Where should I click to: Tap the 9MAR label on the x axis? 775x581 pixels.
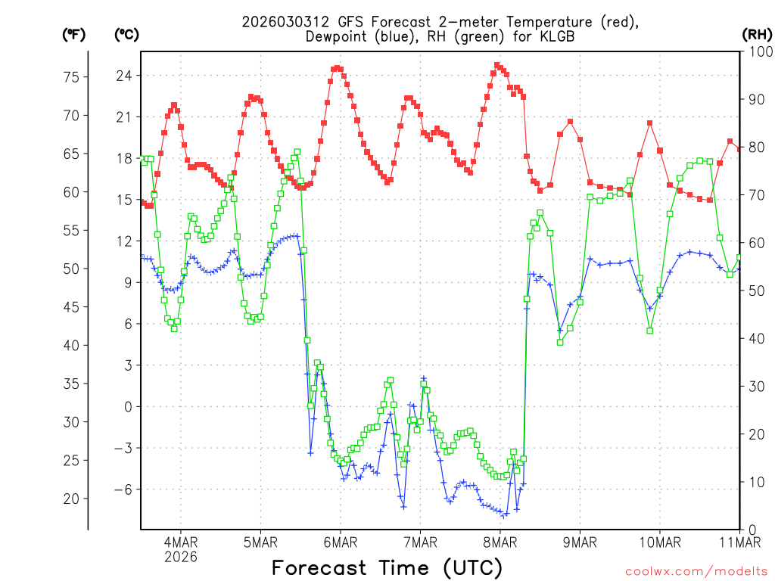coord(580,542)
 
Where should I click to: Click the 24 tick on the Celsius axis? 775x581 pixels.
coord(123,76)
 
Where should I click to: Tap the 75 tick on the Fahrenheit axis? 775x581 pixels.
coord(72,77)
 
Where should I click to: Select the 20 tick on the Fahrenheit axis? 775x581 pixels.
coord(72,499)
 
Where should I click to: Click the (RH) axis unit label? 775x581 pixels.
coord(757,34)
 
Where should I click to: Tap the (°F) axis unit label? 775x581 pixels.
coord(73,34)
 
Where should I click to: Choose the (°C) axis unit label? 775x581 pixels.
coord(126,34)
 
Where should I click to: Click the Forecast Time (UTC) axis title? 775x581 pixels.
coord(387,567)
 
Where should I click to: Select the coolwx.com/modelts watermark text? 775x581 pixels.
coord(696,571)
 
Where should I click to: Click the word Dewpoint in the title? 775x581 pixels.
coord(337,37)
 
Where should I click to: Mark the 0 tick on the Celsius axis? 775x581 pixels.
coord(127,406)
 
